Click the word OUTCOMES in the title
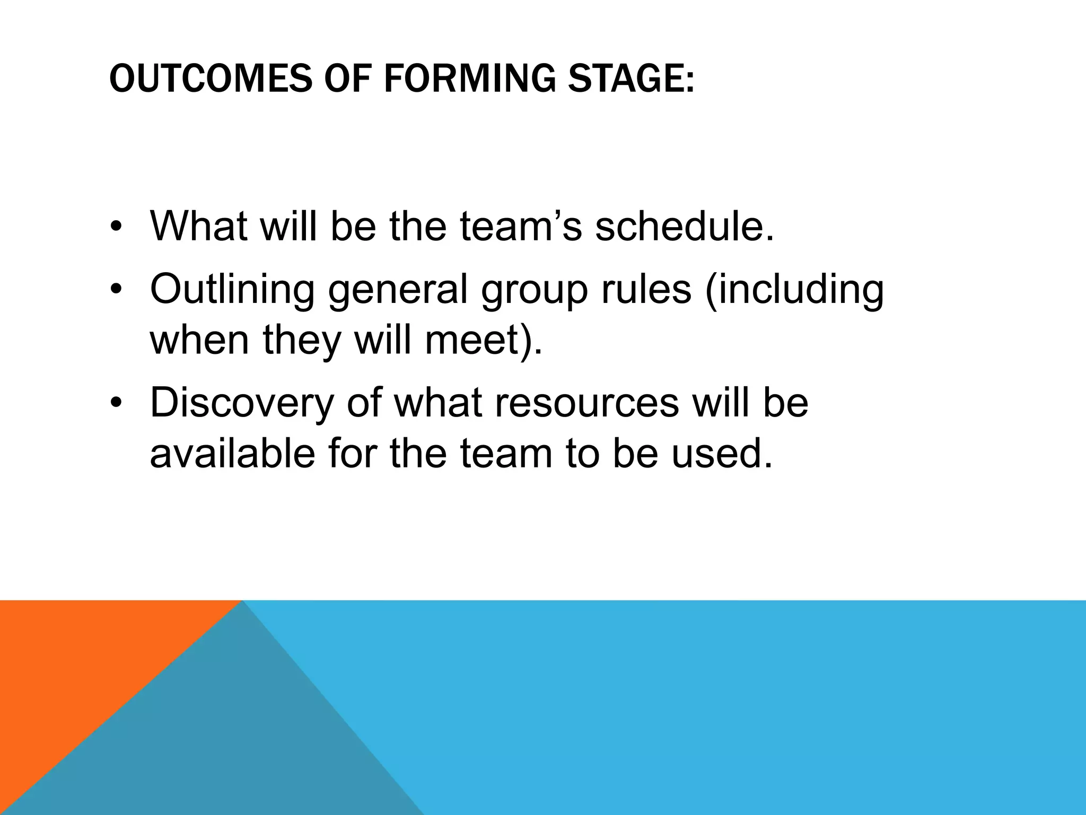coord(211,79)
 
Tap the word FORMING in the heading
coord(469,79)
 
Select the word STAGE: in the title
coord(630,79)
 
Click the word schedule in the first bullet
coord(684,226)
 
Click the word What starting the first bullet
coord(199,226)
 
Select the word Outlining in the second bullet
coord(232,289)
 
